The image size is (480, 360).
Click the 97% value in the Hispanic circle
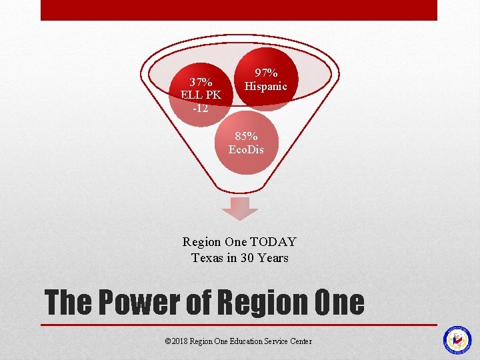[266, 73]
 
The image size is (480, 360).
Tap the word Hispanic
[266, 86]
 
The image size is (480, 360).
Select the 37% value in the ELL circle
[201, 83]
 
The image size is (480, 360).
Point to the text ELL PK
[201, 95]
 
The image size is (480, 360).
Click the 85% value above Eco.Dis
[246, 136]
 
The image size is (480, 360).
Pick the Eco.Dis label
[246, 149]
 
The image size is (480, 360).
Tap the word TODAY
[273, 243]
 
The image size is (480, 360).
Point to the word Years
[274, 257]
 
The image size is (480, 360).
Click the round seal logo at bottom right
[457, 340]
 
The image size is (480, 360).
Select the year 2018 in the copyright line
[179, 341]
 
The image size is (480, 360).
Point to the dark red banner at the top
[239, 10]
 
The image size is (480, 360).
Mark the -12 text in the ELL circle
[201, 108]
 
